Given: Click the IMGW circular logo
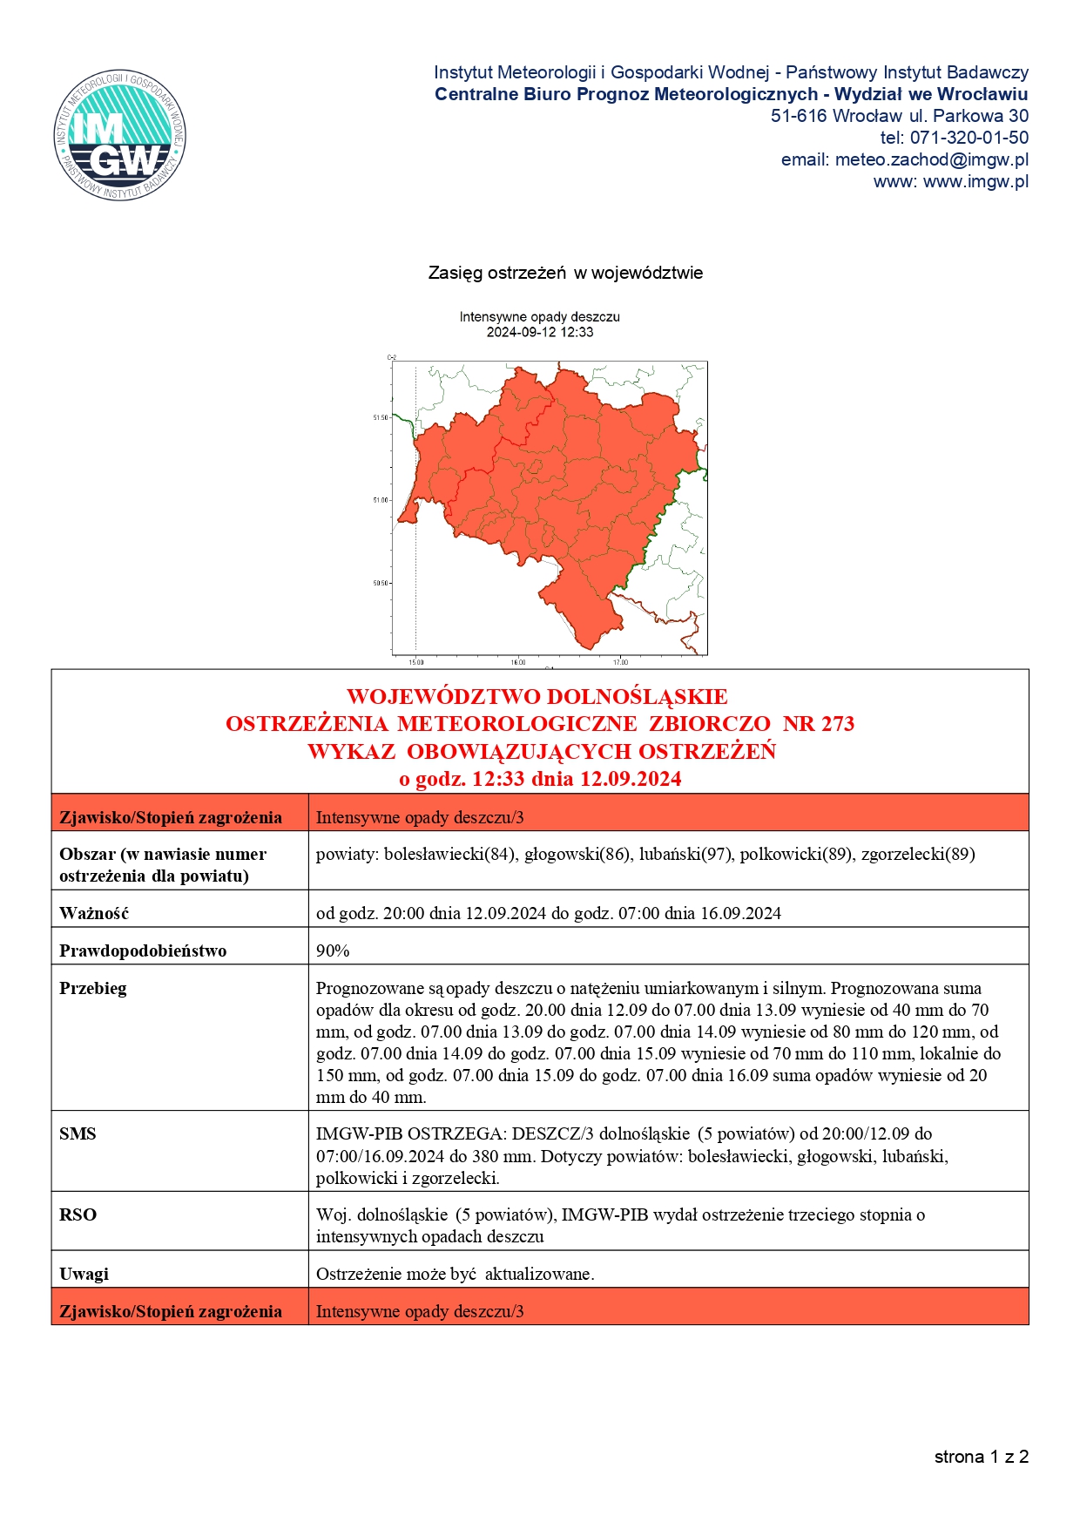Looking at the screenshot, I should point(119,135).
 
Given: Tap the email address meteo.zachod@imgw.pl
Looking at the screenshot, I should point(931,159).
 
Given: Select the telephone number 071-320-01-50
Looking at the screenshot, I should point(969,138).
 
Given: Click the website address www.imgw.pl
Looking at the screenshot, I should point(975,181).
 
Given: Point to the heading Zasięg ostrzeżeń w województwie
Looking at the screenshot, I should point(565,273).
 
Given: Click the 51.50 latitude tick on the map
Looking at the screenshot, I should point(381,418).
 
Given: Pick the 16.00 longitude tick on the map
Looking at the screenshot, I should point(518,663).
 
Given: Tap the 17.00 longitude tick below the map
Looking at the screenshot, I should point(620,663).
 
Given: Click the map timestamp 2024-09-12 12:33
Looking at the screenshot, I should point(539,332).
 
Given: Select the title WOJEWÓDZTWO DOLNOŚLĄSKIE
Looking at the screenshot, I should point(537,697).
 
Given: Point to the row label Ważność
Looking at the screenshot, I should point(94,913).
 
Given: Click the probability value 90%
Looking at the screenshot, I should point(333,951).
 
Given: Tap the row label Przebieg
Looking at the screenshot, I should point(93,988).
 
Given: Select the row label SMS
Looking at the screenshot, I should point(78,1133).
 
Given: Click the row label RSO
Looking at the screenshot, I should point(78,1214).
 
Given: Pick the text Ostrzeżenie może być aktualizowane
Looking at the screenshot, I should point(455,1274).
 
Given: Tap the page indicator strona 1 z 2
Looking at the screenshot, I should point(981,1457).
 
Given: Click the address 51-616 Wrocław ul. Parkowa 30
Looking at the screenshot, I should point(899,116).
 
